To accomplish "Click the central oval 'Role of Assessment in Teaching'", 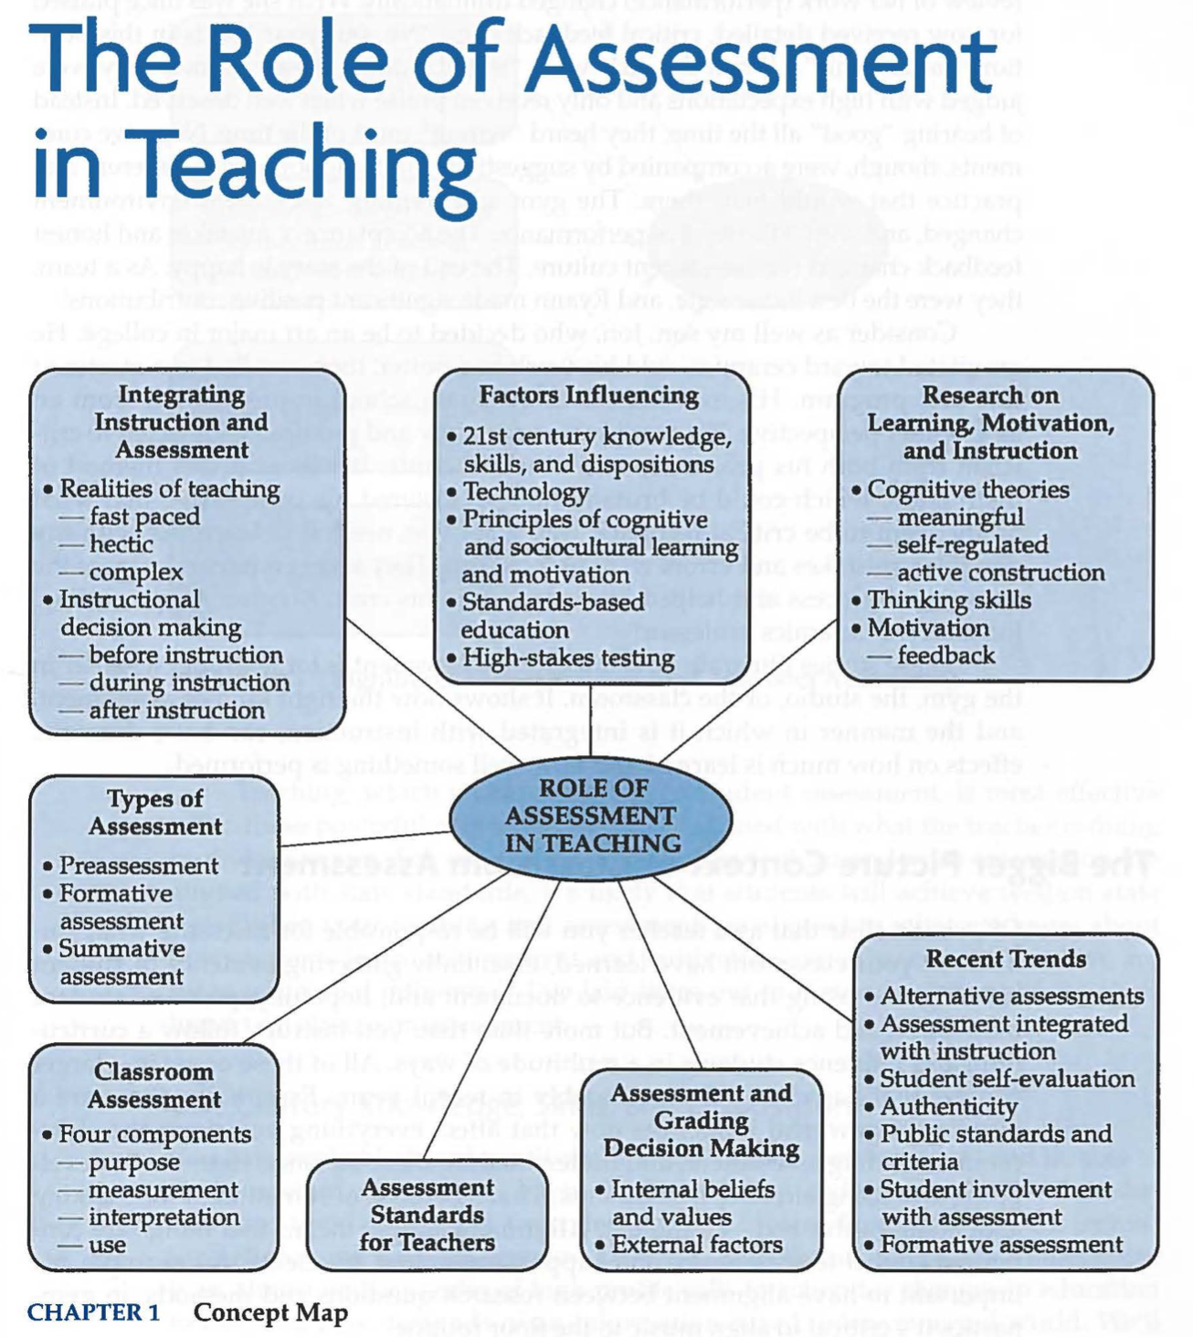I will pyautogui.click(x=591, y=816).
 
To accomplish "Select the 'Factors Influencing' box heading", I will pyautogui.click(x=589, y=395).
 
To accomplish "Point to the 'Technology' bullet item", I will pyautogui.click(x=525, y=492).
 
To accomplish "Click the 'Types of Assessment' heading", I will pyautogui.click(x=155, y=812).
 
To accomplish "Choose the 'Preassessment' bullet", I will pyautogui.click(x=138, y=865).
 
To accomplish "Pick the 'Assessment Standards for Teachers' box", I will pyautogui.click(x=427, y=1215).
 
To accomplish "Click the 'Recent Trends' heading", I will pyautogui.click(x=1006, y=959).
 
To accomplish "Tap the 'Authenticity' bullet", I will pyautogui.click(x=948, y=1106).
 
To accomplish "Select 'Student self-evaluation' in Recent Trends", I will pyautogui.click(x=1007, y=1079).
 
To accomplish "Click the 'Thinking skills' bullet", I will pyautogui.click(x=948, y=600).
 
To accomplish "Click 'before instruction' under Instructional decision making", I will pyautogui.click(x=185, y=655).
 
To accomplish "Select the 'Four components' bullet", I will pyautogui.click(x=154, y=1134).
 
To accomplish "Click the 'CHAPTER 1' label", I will pyautogui.click(x=93, y=1312).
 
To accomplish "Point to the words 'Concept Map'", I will pyautogui.click(x=271, y=1312).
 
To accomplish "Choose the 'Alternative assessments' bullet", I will pyautogui.click(x=1011, y=995).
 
